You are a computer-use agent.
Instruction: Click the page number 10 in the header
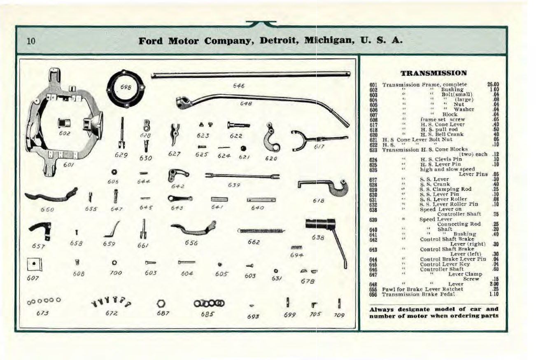[x=31, y=41]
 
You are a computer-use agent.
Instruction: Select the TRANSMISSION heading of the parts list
[x=433, y=73]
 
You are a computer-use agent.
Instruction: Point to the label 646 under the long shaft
[x=238, y=86]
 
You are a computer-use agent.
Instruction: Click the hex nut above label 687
[x=161, y=303]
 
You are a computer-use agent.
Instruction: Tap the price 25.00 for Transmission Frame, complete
[x=493, y=84]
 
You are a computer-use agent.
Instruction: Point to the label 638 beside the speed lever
[x=317, y=238]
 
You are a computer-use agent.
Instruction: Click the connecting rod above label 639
[x=242, y=176]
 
